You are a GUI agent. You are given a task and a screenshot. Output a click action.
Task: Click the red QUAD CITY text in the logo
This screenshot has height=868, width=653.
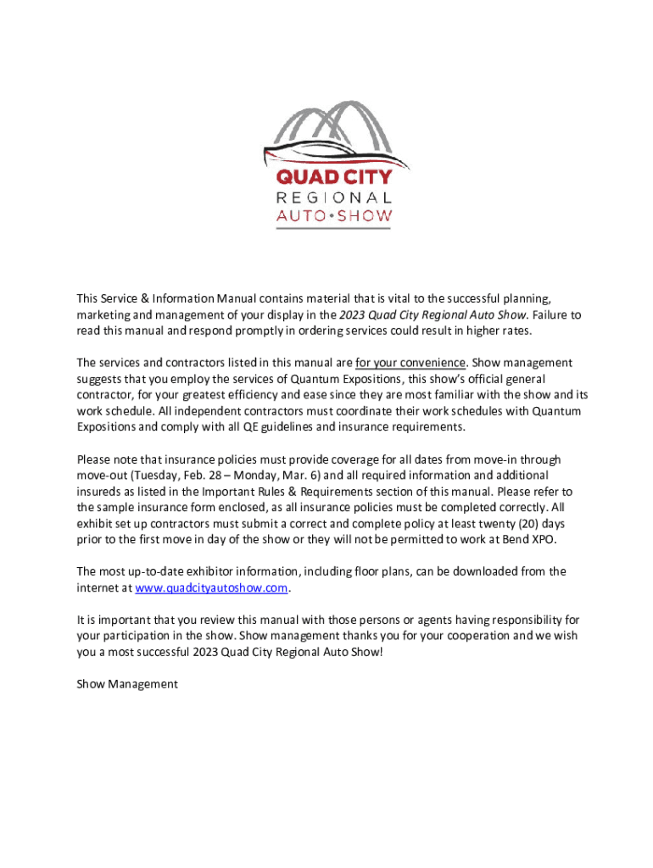point(335,176)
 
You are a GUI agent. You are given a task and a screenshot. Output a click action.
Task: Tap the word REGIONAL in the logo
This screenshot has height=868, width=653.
point(335,197)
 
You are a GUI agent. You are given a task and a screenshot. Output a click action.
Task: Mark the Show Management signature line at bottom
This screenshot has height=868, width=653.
point(127,683)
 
